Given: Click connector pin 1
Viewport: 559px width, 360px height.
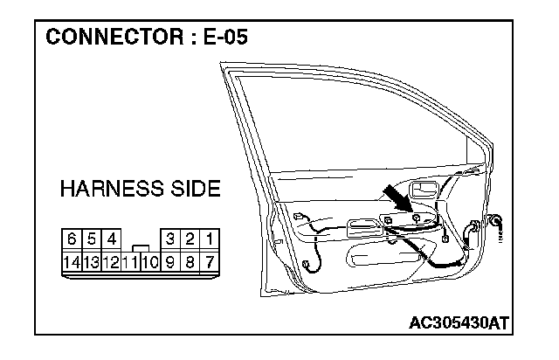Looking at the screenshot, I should [211, 238].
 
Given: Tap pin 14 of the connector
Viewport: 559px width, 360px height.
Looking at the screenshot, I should [72, 260].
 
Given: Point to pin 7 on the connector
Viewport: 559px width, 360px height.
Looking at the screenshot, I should [211, 260].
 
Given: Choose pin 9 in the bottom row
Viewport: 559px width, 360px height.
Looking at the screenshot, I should [171, 260].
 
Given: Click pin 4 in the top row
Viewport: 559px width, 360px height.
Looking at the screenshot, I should [111, 238].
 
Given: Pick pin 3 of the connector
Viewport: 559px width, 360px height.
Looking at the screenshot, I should [171, 238].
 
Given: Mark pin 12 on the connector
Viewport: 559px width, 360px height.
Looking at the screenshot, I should [111, 260].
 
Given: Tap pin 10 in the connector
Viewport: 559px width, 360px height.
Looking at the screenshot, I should [150, 260].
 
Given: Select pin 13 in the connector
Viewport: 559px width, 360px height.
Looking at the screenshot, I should [91, 260].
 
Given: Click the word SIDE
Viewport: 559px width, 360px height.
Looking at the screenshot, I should [193, 189].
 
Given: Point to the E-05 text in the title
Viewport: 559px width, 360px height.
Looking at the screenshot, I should [225, 38].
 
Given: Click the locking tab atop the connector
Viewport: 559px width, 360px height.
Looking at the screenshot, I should [140, 247].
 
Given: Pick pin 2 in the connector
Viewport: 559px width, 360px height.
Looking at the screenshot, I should [191, 238].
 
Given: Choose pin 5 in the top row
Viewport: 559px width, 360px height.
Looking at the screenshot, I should [91, 238].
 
